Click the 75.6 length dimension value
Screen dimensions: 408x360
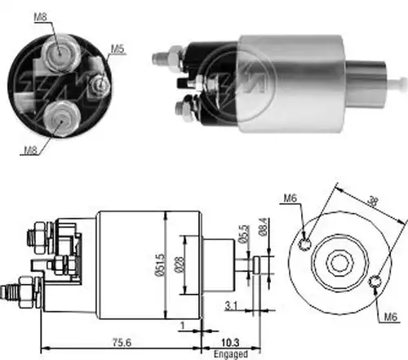(122, 343)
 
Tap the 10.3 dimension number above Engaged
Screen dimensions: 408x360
(230, 343)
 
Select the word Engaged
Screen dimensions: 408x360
(231, 354)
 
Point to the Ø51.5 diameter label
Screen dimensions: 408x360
(160, 264)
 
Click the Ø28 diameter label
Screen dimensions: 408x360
(179, 264)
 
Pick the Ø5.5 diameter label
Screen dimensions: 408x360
(244, 233)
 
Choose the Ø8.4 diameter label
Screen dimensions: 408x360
(264, 227)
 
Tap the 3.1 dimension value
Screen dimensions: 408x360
(231, 306)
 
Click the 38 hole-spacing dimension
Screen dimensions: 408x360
(372, 202)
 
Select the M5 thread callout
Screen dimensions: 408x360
(117, 49)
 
